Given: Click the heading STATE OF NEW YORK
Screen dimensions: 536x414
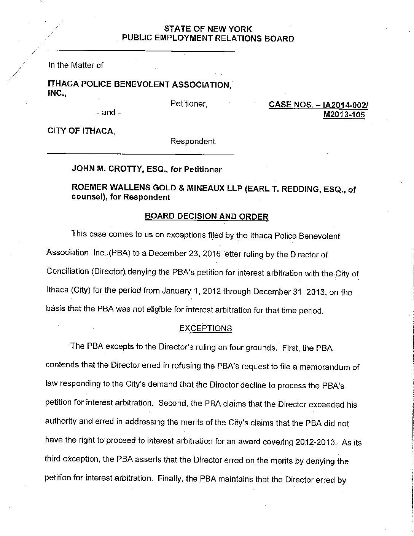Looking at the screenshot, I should click(x=207, y=29).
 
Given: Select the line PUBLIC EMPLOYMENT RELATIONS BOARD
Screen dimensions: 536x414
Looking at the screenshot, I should click(x=207, y=38).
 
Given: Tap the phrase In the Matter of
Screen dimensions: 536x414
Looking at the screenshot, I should click(x=75, y=65).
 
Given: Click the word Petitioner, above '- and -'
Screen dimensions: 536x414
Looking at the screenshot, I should click(x=189, y=104).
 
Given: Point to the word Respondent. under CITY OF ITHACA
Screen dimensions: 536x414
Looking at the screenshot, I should click(x=193, y=141).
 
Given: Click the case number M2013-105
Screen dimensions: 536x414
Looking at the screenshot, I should click(x=344, y=115).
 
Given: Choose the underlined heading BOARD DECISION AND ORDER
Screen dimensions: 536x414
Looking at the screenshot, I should click(x=207, y=217).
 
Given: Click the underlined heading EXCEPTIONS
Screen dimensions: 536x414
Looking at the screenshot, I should click(x=205, y=328).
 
